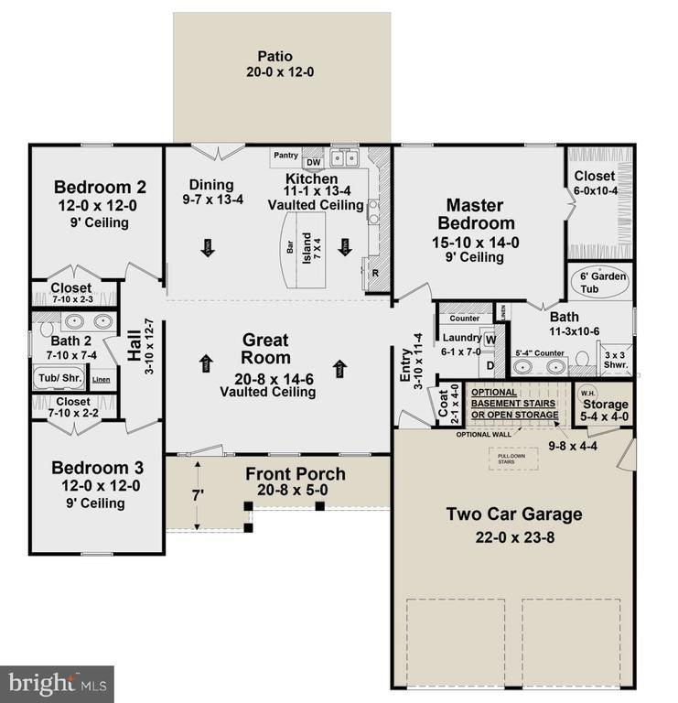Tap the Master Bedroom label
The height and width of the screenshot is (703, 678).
pos(475,214)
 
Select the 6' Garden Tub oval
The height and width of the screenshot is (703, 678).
pos(600,282)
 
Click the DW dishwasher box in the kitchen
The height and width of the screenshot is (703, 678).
pos(313,163)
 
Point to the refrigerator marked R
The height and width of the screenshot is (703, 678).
pos(375,273)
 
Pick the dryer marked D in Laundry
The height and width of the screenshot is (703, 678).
pos(490,365)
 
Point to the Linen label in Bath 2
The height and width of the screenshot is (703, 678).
pos(101,379)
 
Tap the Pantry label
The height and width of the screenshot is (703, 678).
pos(285,156)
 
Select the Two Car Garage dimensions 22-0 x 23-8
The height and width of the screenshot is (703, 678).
pos(513,537)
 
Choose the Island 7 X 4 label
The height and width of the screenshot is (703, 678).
pos(317,245)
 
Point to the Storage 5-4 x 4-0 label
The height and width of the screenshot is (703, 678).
pos(606,410)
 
